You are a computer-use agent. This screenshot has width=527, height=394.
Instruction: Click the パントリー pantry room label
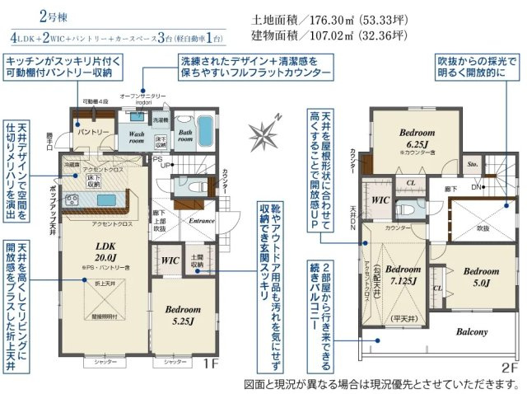click(93, 132)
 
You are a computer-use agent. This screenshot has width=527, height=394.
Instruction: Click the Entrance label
click(202, 221)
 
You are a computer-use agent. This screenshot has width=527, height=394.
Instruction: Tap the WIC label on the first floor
click(170, 260)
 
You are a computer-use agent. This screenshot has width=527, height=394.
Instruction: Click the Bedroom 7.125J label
click(403, 275)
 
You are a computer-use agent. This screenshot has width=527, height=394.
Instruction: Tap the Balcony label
click(468, 332)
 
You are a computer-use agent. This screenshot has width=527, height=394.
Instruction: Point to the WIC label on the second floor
click(380, 199)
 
